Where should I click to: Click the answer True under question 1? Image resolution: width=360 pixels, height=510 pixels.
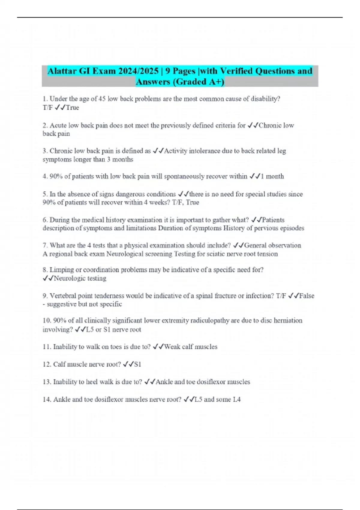[72, 107]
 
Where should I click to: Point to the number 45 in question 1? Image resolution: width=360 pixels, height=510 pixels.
[102, 99]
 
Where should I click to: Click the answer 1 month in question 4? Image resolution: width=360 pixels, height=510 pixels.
[272, 176]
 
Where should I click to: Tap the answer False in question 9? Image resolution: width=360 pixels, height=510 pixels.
[307, 296]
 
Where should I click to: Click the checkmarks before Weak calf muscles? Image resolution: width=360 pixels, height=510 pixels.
[158, 347]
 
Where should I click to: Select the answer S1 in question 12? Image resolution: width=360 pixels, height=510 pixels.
[137, 364]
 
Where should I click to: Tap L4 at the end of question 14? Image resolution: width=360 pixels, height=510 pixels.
[237, 399]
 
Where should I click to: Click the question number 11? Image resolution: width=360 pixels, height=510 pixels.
[47, 347]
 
